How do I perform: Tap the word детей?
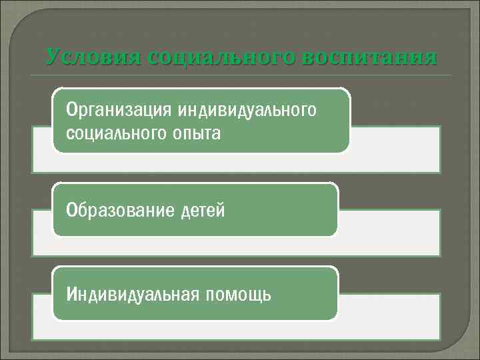[202, 211]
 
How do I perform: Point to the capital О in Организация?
[71, 109]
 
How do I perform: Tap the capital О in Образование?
[71, 211]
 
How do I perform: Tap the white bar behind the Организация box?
[393, 149]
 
